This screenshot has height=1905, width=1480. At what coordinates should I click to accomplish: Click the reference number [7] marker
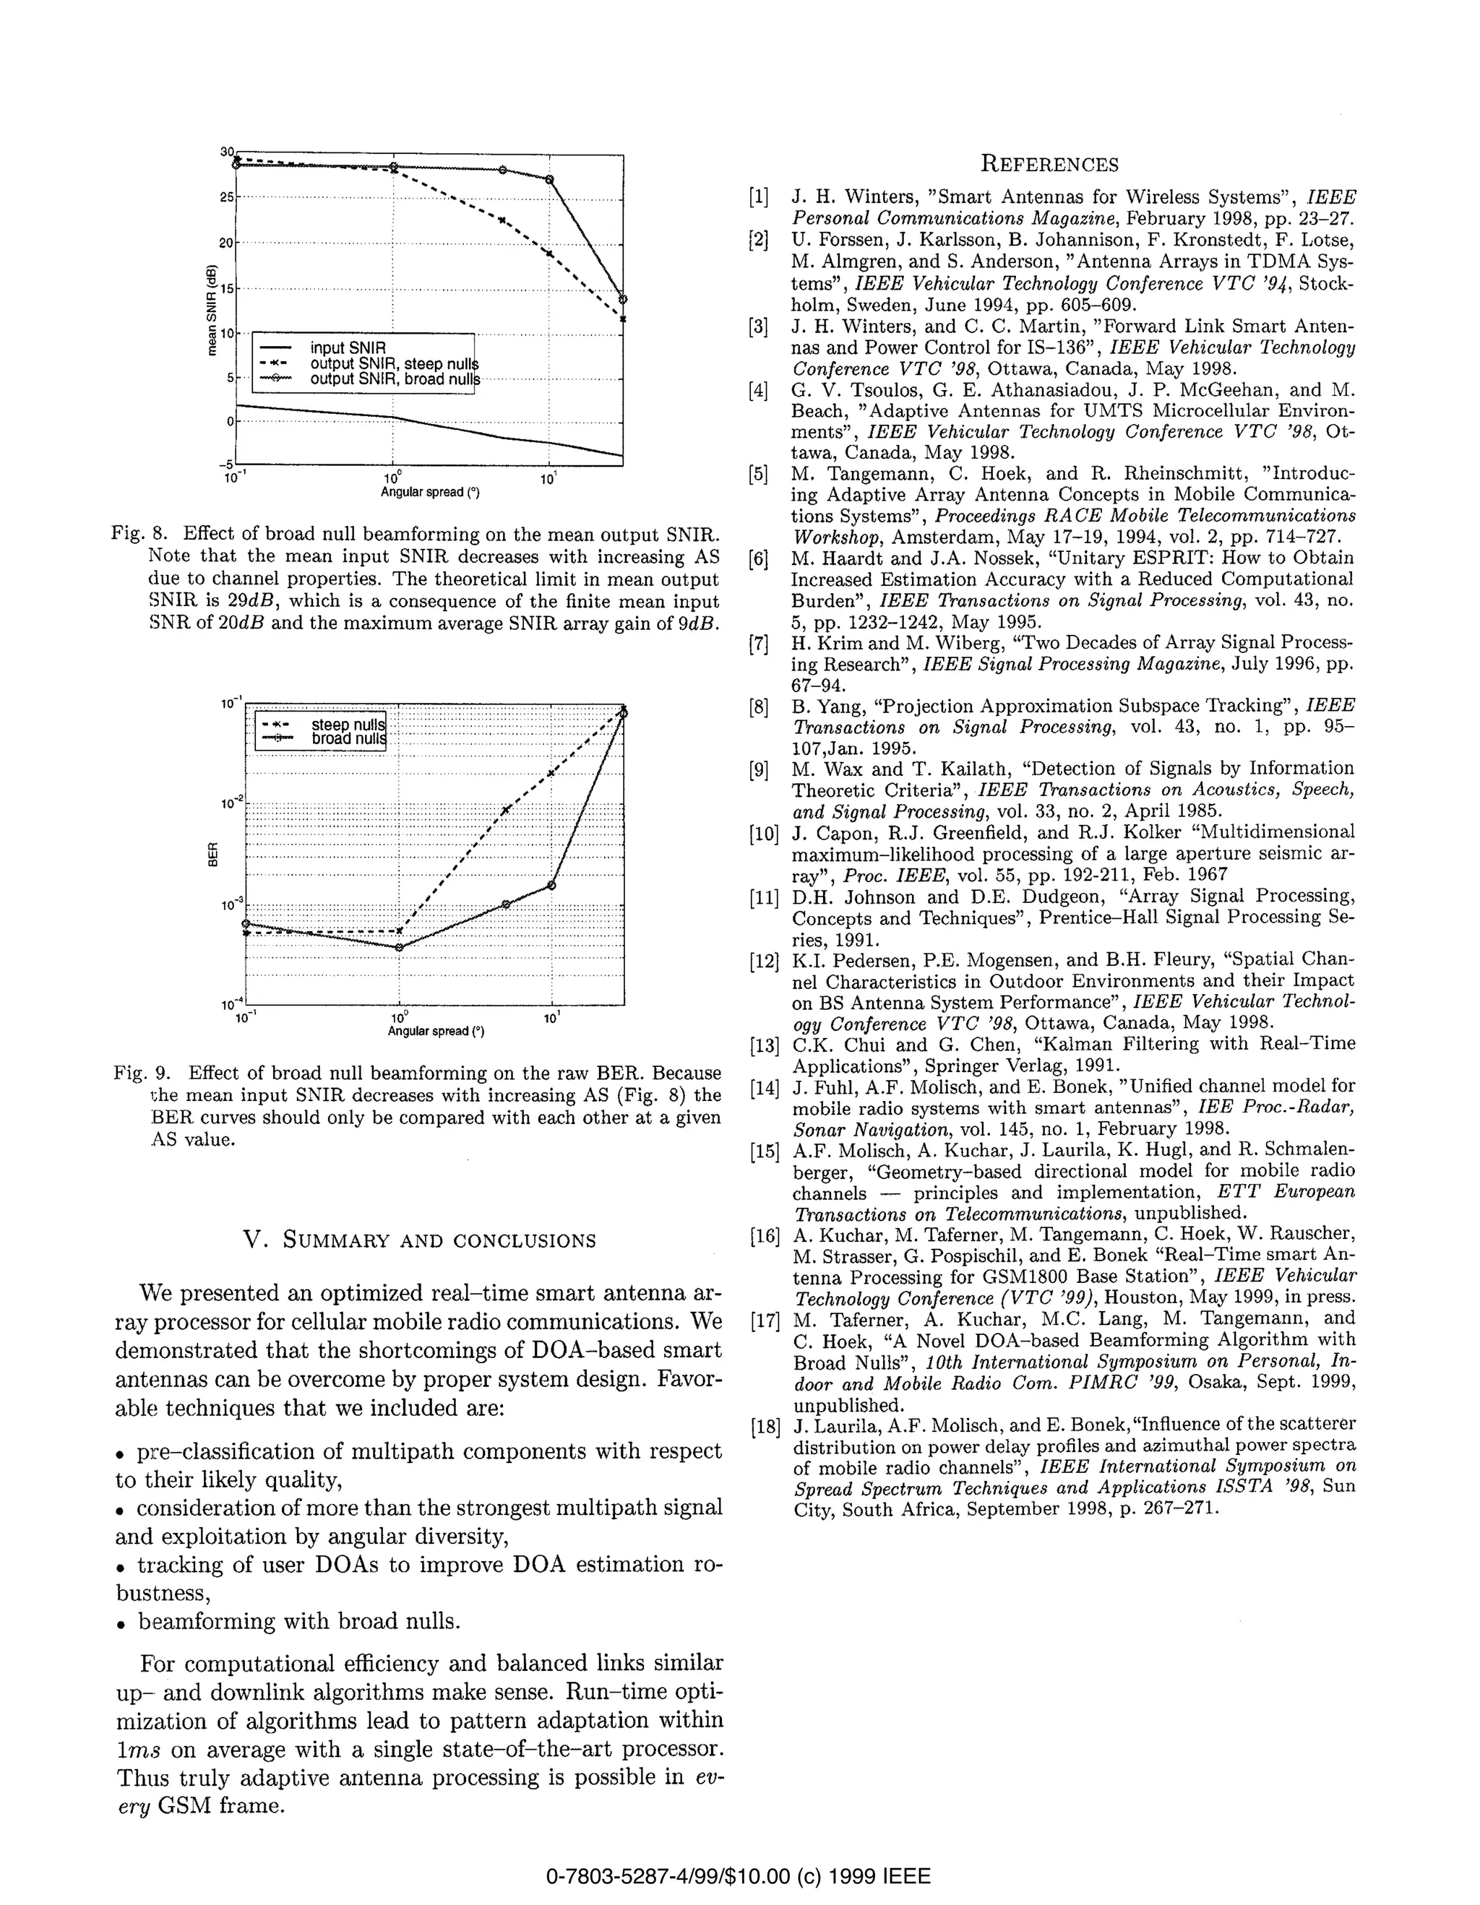click(757, 644)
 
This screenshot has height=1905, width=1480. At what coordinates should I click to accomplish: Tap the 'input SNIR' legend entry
click(348, 347)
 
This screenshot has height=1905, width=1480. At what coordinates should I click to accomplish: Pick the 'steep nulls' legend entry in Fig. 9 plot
click(348, 724)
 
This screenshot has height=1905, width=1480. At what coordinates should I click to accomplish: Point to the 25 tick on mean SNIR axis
click(226, 197)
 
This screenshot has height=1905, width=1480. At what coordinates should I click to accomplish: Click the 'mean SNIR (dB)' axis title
click(211, 310)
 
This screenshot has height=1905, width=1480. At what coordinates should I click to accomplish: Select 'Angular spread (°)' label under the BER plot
click(436, 1031)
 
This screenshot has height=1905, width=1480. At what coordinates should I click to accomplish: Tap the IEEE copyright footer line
click(739, 1875)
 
